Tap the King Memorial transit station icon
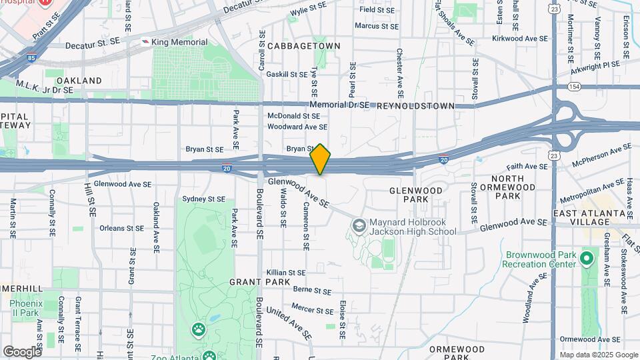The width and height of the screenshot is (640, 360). tap(145, 41)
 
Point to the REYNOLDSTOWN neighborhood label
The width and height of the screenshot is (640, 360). tap(415, 106)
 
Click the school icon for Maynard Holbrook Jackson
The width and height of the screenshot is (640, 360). tap(359, 226)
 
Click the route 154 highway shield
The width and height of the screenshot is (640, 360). tap(574, 87)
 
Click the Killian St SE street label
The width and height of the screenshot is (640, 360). tap(285, 273)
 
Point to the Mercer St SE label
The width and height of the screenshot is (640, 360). tap(312, 310)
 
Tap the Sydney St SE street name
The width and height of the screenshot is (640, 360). tap(204, 199)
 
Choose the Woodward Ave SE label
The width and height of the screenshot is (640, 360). tap(297, 127)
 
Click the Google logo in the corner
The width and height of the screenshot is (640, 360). tap(21, 351)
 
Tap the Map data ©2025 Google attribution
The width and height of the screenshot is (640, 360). tap(599, 355)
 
